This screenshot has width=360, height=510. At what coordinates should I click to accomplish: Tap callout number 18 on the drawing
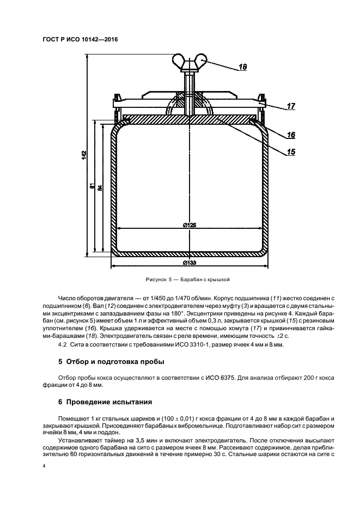point(242,68)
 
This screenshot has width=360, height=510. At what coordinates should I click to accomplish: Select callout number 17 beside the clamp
point(291,107)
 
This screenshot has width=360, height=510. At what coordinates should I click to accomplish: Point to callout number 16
point(291,135)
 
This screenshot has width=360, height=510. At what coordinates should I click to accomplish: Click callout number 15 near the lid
point(291,153)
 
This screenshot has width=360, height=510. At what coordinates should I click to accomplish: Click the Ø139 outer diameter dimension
point(189,263)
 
